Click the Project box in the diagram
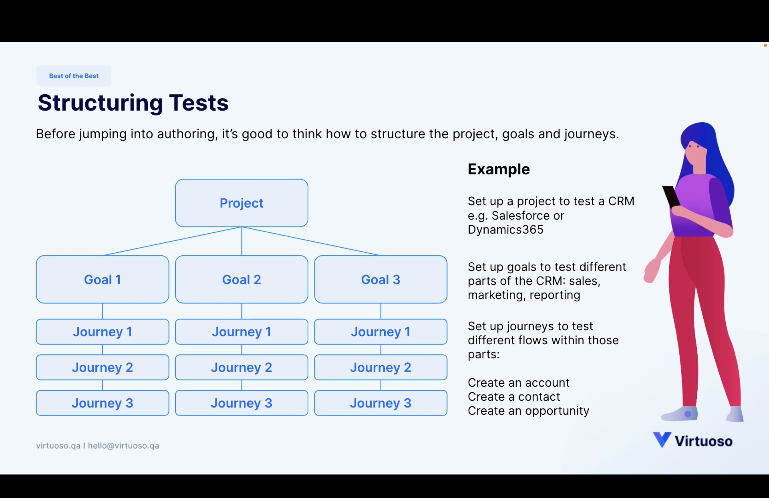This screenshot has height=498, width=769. tap(241, 203)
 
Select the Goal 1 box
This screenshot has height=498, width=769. tap(103, 279)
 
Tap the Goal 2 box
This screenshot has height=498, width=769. tap(241, 279)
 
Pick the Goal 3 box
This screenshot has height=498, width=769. tap(380, 279)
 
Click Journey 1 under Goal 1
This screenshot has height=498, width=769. tap(103, 332)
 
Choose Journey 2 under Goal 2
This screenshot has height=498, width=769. tap(241, 367)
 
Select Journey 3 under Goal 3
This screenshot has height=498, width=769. tap(380, 403)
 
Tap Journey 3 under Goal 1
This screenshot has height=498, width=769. tap(103, 403)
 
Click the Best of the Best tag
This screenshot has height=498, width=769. tap(74, 76)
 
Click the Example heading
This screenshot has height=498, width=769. tap(499, 169)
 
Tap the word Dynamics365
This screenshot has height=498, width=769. tap(505, 229)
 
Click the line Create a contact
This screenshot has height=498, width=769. tap(514, 397)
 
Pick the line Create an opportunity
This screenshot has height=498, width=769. tap(528, 411)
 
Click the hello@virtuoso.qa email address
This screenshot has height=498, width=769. tap(123, 446)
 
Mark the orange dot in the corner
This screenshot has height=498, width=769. tap(765, 45)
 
